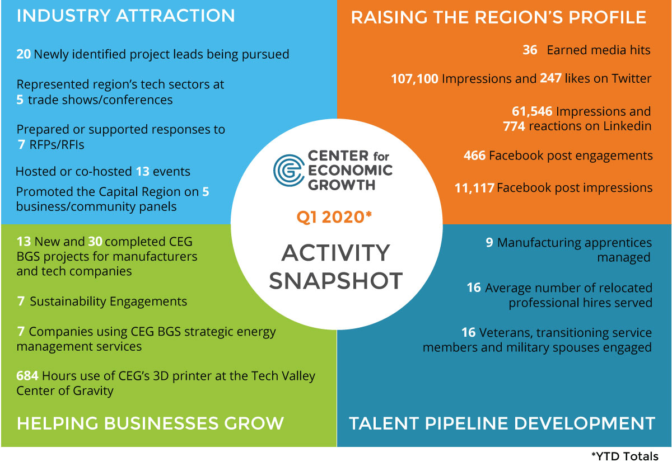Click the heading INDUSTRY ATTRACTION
pyautogui.click(x=125, y=16)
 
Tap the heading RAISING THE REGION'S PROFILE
pyautogui.click(x=498, y=17)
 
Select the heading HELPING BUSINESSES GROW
pyautogui.click(x=150, y=423)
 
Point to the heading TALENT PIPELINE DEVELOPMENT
pyautogui.click(x=502, y=423)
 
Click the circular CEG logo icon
pyautogui.click(x=288, y=171)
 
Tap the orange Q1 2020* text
pyautogui.click(x=334, y=217)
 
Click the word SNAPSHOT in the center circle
pyautogui.click(x=335, y=280)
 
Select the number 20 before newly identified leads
pyautogui.click(x=24, y=54)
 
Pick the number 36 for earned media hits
pyautogui.click(x=530, y=50)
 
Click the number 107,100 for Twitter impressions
pyautogui.click(x=414, y=79)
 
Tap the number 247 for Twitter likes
pyautogui.click(x=551, y=78)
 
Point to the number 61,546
pyautogui.click(x=532, y=111)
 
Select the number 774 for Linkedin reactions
pyautogui.click(x=514, y=126)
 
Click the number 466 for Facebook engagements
pyautogui.click(x=474, y=156)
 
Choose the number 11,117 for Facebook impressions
pyautogui.click(x=474, y=188)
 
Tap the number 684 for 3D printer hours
pyautogui.click(x=27, y=376)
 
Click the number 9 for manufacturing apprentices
pyautogui.click(x=489, y=242)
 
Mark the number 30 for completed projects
pyautogui.click(x=95, y=242)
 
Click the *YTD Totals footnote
pyautogui.click(x=624, y=456)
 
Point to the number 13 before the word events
pyautogui.click(x=142, y=171)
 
